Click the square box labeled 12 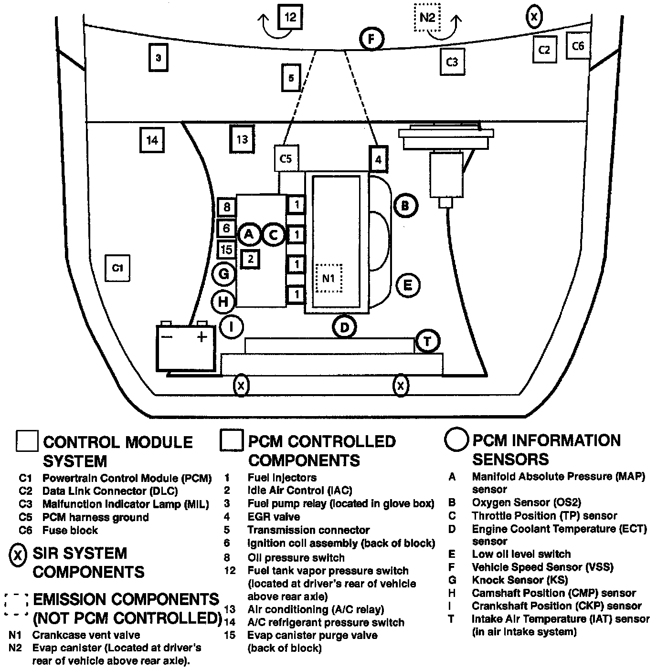click(x=290, y=18)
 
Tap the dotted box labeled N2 click(x=427, y=18)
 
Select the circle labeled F click(x=372, y=39)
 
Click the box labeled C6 click(x=578, y=46)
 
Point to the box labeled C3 click(x=452, y=62)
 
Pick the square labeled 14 click(x=152, y=140)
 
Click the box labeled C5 click(x=286, y=158)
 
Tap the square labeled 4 click(x=378, y=159)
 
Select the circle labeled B click(x=405, y=206)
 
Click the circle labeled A click(x=249, y=234)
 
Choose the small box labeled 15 click(x=226, y=249)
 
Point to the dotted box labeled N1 click(x=329, y=278)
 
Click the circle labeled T click(x=427, y=341)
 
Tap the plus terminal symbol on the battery click(x=202, y=336)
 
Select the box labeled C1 click(x=117, y=268)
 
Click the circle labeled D click(x=344, y=327)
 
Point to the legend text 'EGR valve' click(x=274, y=517)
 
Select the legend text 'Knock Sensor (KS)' click(x=519, y=580)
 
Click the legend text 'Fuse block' click(x=70, y=530)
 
